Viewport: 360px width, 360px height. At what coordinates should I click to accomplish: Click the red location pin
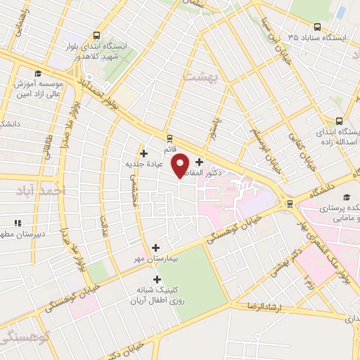pyautogui.click(x=181, y=164)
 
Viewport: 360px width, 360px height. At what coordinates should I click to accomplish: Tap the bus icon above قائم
pyautogui.click(x=169, y=137)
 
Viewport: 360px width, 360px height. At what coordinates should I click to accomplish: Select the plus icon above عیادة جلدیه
pyautogui.click(x=144, y=153)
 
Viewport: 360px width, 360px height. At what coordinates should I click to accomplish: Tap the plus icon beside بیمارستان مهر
pyautogui.click(x=156, y=247)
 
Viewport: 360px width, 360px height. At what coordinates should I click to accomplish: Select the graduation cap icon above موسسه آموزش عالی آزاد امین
pyautogui.click(x=37, y=73)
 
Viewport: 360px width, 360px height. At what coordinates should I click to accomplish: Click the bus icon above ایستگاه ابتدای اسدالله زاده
pyautogui.click(x=339, y=120)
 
